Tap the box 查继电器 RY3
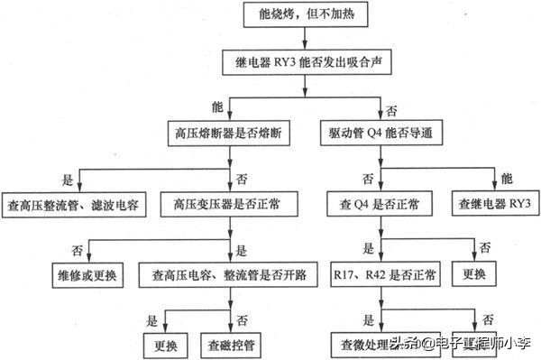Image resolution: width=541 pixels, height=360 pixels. (493, 204)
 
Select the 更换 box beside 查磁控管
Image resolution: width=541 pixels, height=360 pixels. (164, 343)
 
